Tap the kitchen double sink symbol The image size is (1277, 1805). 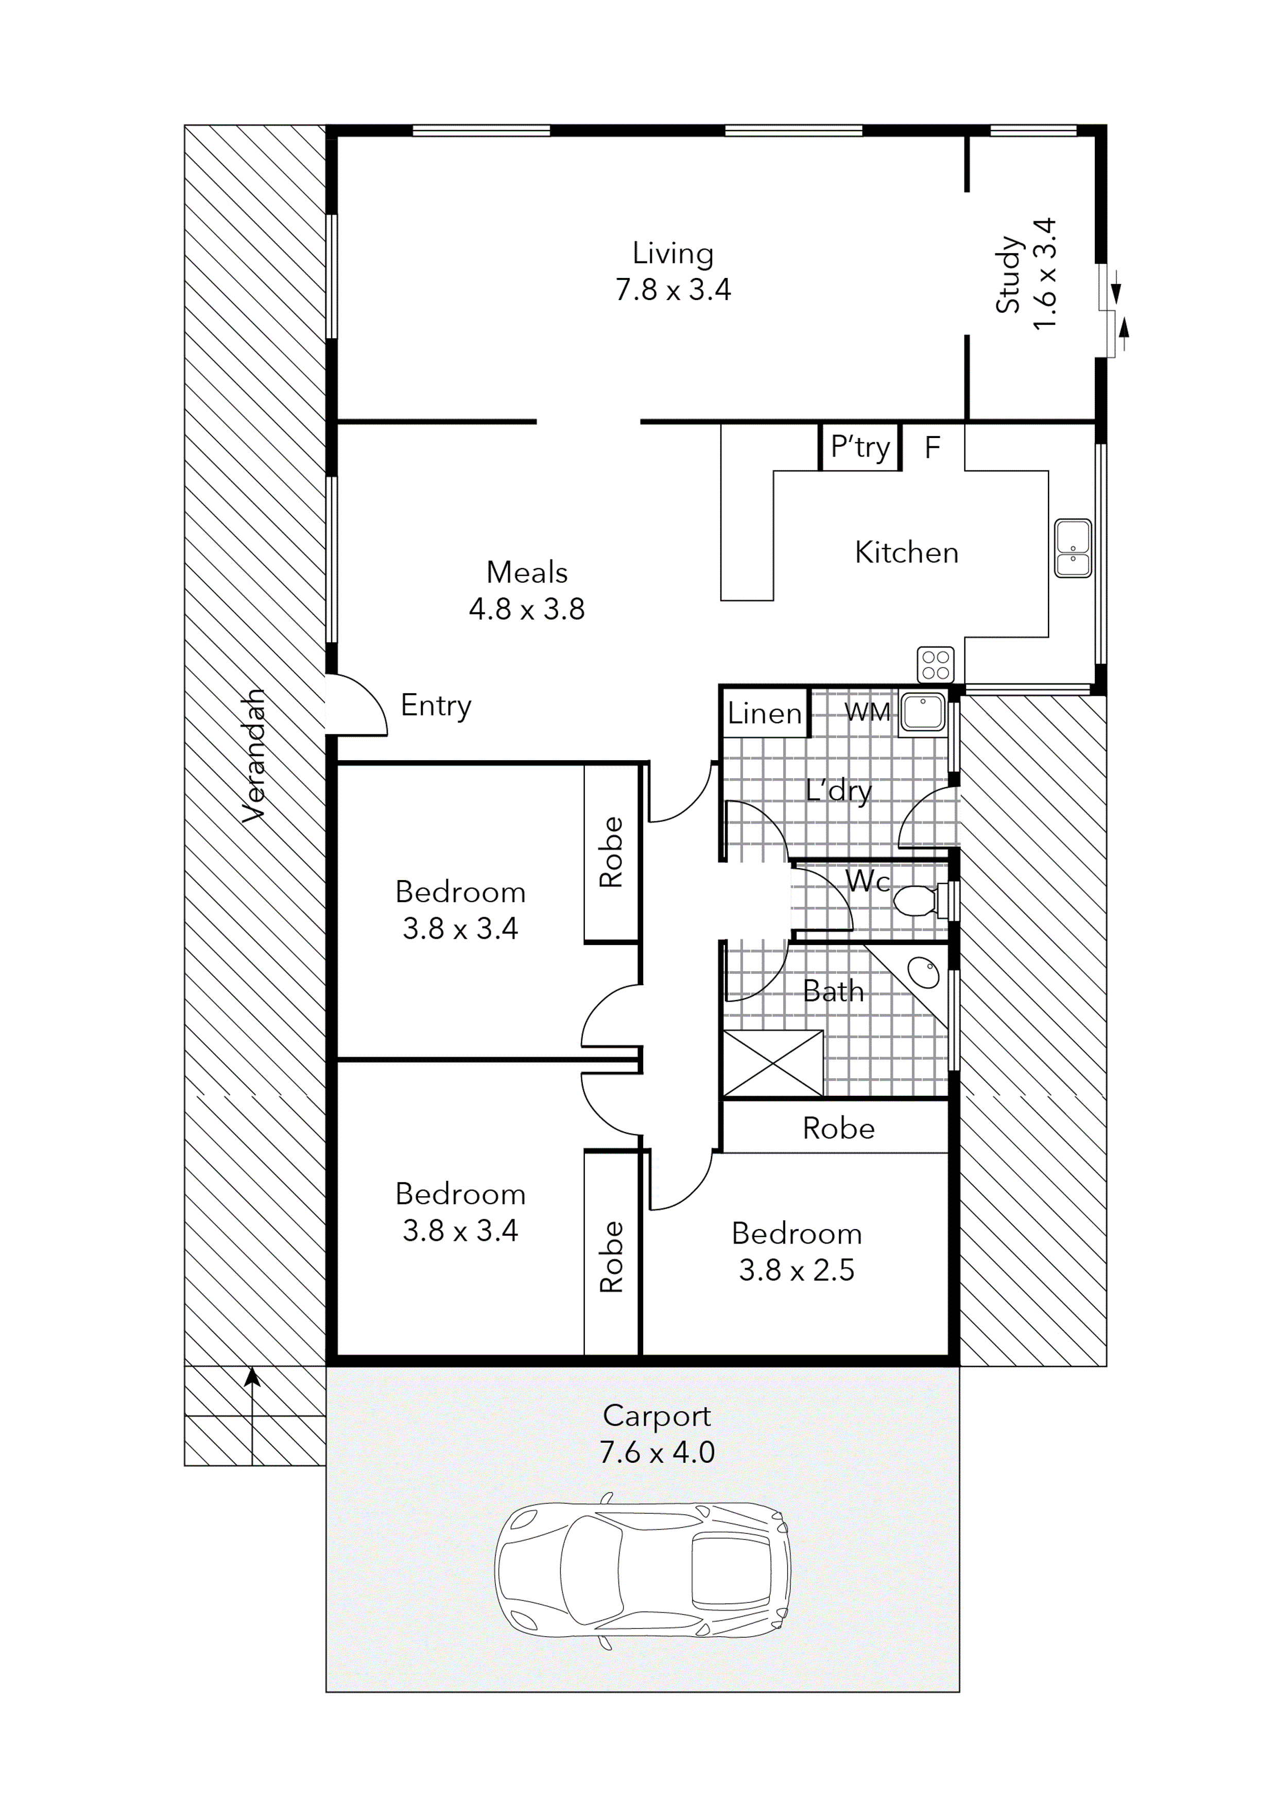(1073, 548)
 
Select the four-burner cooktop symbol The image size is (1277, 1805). (935, 664)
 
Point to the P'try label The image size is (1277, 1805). (860, 447)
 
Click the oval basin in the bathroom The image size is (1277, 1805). (924, 972)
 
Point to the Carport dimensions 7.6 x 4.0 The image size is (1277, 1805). (657, 1452)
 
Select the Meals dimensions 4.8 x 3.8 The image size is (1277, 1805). (527, 609)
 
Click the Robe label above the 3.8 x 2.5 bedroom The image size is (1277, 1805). (838, 1129)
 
